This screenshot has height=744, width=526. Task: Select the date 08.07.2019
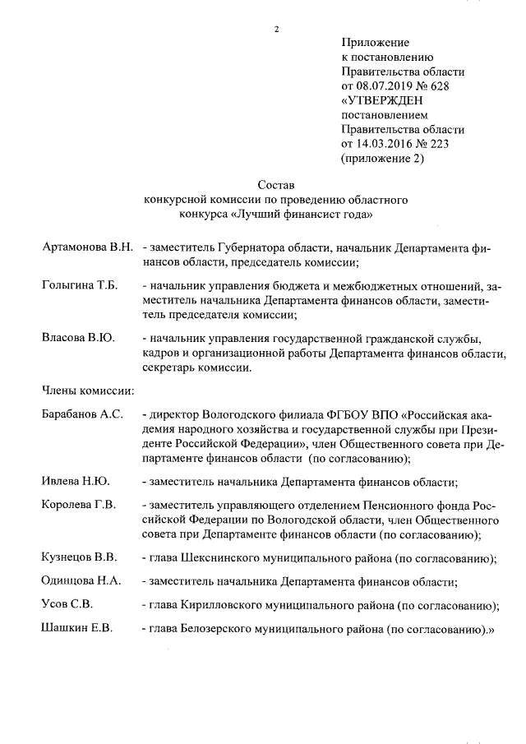point(384,85)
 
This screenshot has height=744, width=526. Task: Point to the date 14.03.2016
point(384,144)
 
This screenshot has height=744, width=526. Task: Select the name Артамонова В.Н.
point(86,247)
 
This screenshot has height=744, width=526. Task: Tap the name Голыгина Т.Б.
point(80,285)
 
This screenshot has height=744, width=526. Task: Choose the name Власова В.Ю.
point(77,338)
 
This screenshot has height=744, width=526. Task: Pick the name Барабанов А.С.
point(81,414)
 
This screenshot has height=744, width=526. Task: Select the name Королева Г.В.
point(78,505)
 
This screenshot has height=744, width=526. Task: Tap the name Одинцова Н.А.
point(81,581)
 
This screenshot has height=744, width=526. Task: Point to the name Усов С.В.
point(67,605)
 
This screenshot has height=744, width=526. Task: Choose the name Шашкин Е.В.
point(76,629)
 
